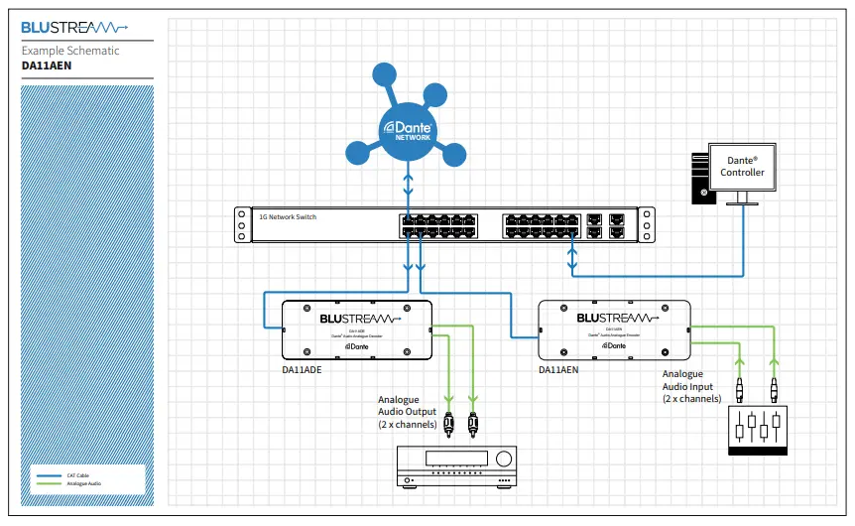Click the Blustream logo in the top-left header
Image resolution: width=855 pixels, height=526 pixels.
[x=74, y=28]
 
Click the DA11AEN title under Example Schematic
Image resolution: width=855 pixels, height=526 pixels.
[x=47, y=66]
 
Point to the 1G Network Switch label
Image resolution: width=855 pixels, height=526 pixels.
[x=288, y=216]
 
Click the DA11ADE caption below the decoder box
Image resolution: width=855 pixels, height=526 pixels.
[x=304, y=369]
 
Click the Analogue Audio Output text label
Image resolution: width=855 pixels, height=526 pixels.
[x=407, y=412]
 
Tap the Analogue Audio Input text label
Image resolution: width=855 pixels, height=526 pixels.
[x=691, y=386]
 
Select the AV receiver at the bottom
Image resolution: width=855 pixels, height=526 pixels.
[x=456, y=464]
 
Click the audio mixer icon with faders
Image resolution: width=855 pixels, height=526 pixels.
[x=757, y=431]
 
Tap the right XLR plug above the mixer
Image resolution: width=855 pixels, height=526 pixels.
[x=774, y=385]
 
